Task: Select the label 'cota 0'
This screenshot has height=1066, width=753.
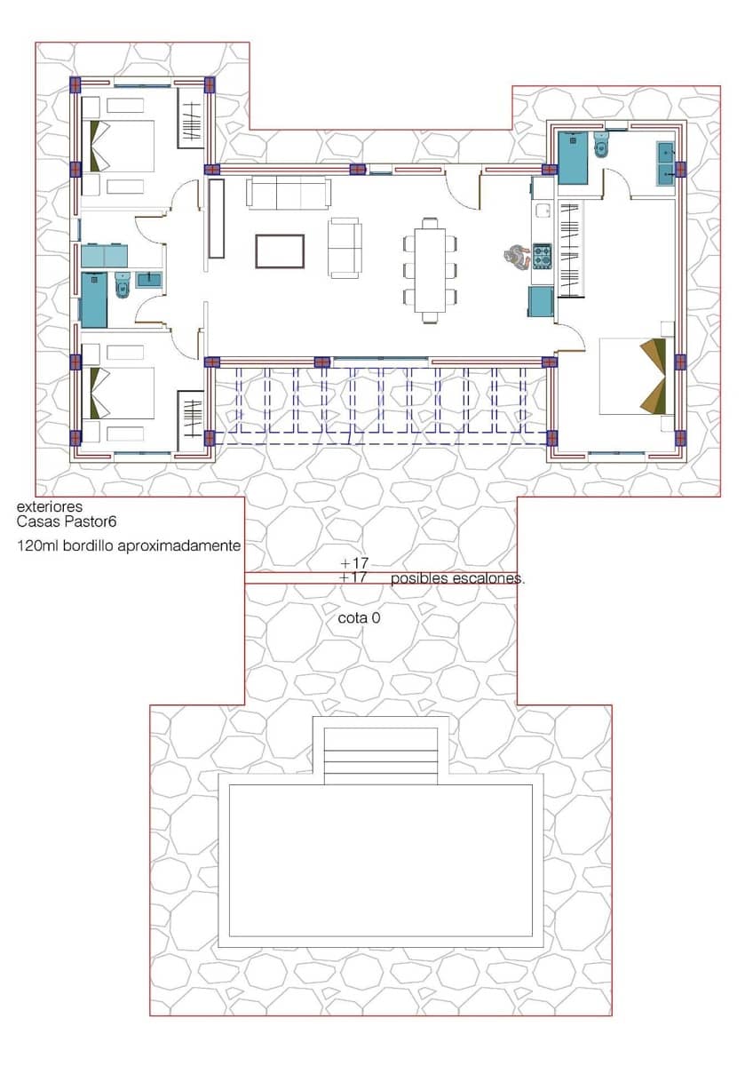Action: (x=359, y=617)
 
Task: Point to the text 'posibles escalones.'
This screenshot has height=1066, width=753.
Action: (x=458, y=578)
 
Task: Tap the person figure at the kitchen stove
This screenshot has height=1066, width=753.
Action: (x=514, y=257)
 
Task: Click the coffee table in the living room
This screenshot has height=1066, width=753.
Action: (x=280, y=251)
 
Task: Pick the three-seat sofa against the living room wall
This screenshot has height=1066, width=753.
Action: (x=289, y=192)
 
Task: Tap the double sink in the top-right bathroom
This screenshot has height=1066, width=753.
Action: (x=667, y=163)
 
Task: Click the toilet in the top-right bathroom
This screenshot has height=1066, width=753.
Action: (x=601, y=147)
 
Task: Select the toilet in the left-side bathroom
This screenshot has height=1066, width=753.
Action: (x=123, y=285)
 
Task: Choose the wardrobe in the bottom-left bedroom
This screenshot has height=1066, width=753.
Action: (x=192, y=419)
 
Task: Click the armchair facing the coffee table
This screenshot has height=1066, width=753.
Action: (x=345, y=248)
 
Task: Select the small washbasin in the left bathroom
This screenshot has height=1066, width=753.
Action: (x=148, y=281)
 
